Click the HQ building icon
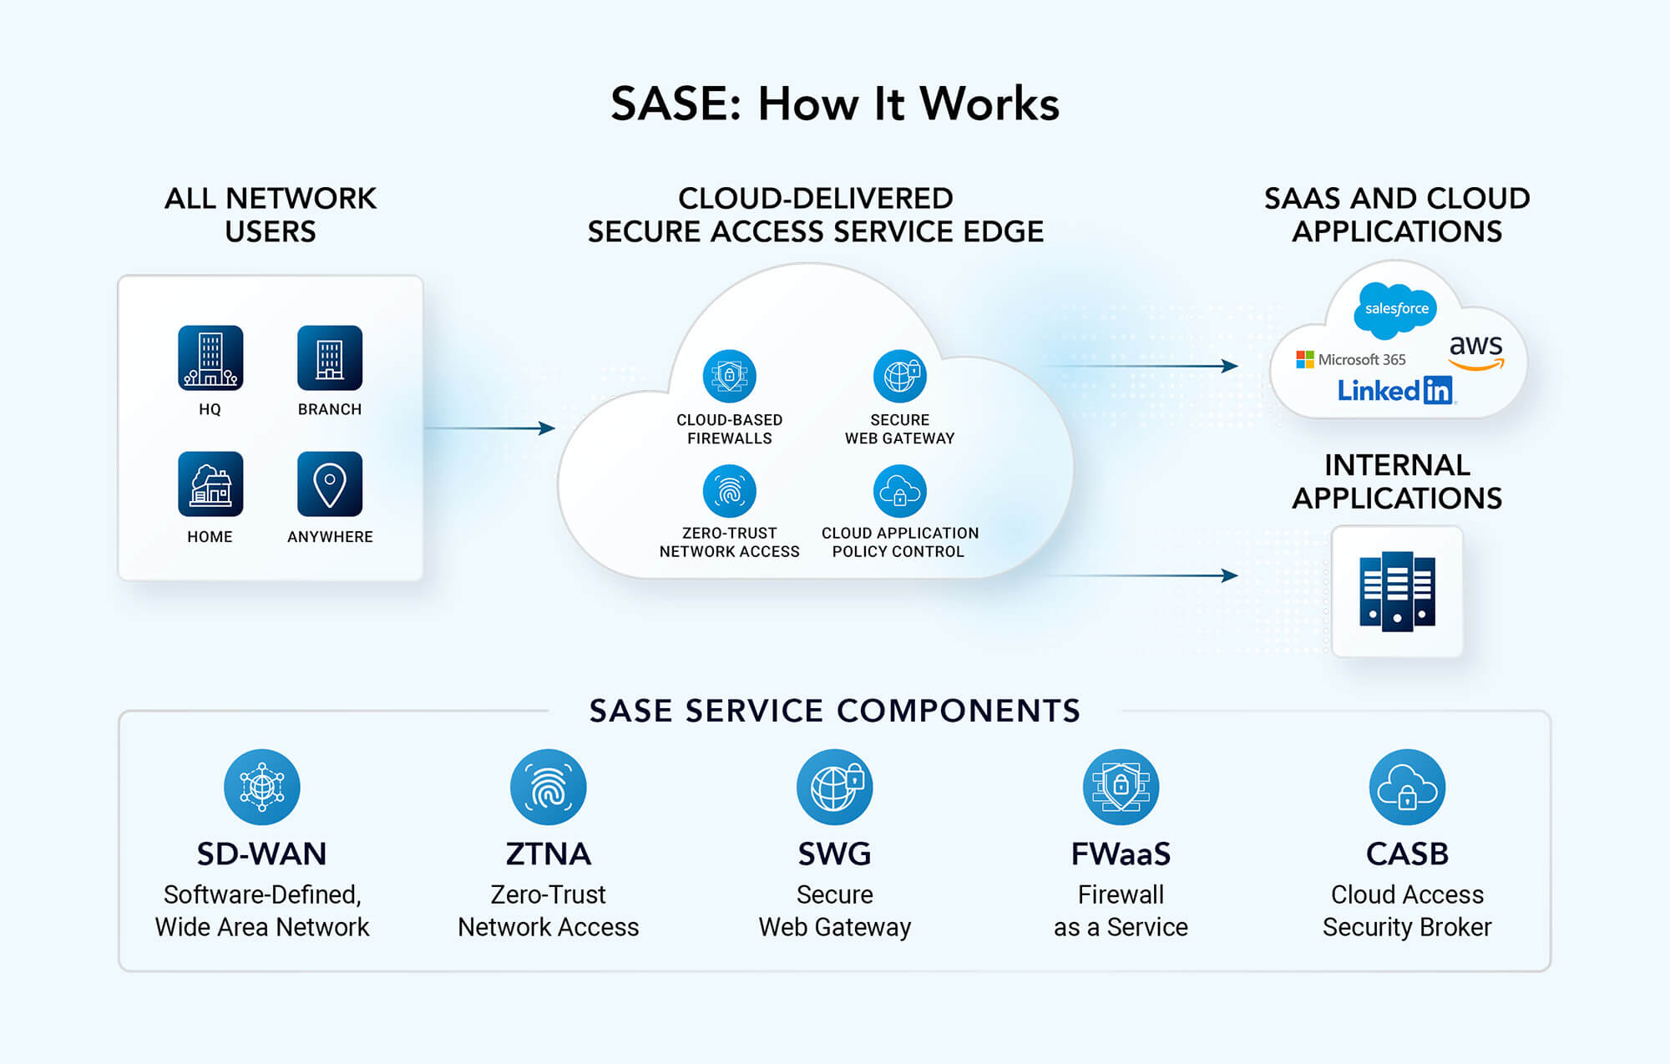pos(210,358)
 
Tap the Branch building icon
pos(330,358)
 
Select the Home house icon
pos(210,484)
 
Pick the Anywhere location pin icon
pos(330,484)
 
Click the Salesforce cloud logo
pos(1396,309)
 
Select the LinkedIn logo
pos(1394,390)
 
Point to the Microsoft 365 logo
pos(1350,359)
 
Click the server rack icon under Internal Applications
pos(1397,591)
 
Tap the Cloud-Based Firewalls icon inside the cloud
pos(729,376)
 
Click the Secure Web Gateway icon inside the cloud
pos(899,376)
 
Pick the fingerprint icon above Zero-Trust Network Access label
pos(729,491)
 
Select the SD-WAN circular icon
pos(261,787)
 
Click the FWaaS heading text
pos(1121,854)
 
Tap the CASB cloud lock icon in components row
pos(1407,787)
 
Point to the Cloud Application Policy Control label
pos(899,542)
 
